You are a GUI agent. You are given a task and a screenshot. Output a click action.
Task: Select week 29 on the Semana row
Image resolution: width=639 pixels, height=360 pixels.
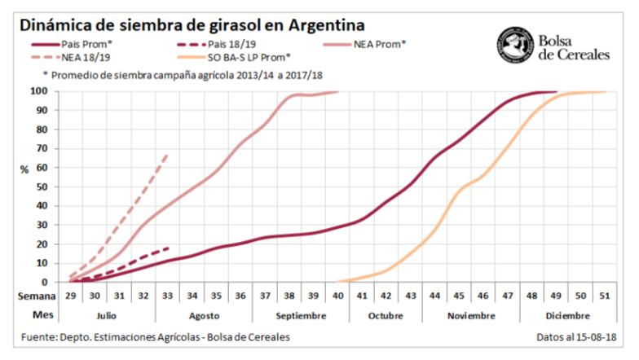[72, 296]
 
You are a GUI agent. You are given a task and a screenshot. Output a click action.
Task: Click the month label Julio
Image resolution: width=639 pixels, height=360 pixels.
[107, 314]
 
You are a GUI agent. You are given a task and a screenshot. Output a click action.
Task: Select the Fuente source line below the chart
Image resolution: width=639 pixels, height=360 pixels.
[155, 337]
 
